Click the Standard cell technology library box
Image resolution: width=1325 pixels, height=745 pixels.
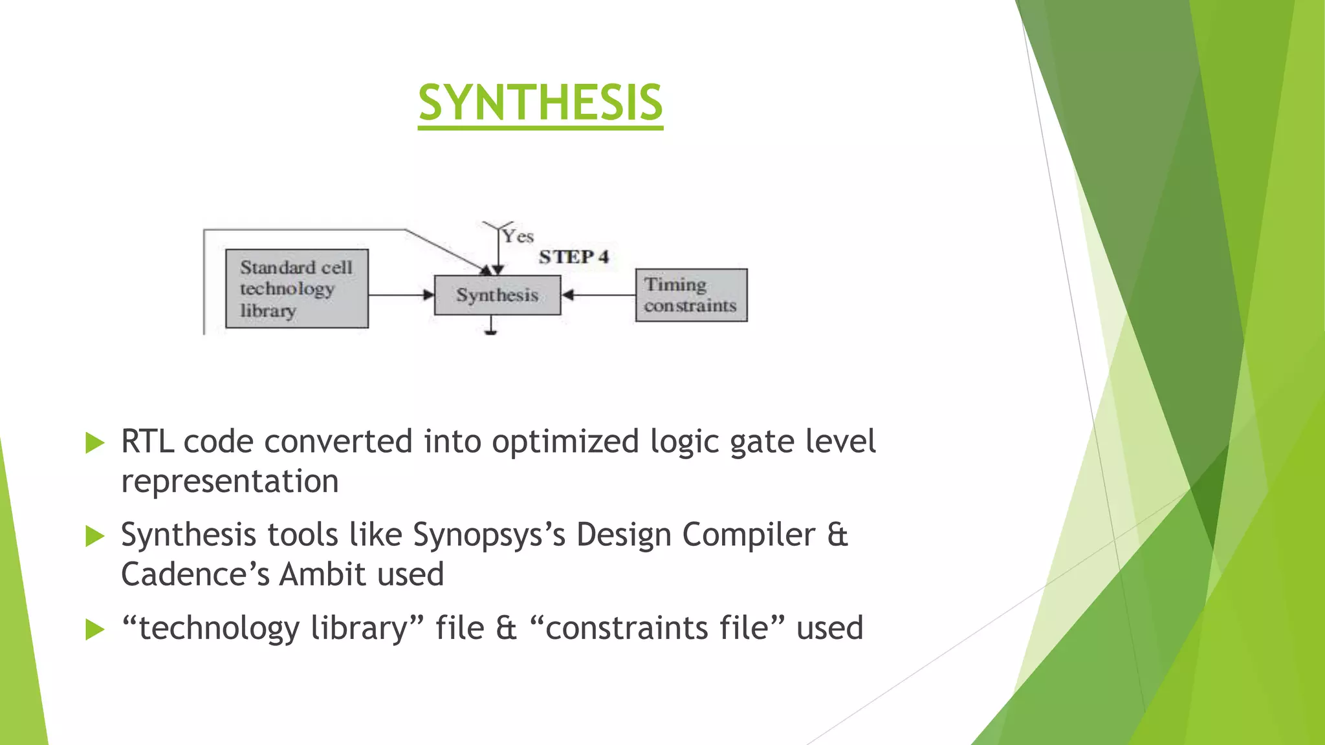click(x=297, y=288)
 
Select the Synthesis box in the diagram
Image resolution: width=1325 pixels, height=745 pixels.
click(x=497, y=296)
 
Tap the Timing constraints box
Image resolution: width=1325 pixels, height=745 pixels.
click(x=691, y=295)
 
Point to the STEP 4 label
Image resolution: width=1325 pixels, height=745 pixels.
click(x=574, y=257)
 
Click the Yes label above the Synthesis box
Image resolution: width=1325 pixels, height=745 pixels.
click(x=518, y=237)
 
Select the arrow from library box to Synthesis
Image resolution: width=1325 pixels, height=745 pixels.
click(x=401, y=295)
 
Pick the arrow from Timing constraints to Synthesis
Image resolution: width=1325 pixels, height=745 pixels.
click(x=598, y=295)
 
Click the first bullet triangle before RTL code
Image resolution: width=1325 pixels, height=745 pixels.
click(x=94, y=443)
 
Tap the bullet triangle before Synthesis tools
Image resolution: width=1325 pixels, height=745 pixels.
click(x=94, y=536)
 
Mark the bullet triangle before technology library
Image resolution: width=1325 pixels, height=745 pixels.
click(x=94, y=629)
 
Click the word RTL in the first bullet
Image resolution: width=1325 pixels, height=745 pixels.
click(x=147, y=442)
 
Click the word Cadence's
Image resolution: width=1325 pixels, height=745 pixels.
click(x=195, y=574)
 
